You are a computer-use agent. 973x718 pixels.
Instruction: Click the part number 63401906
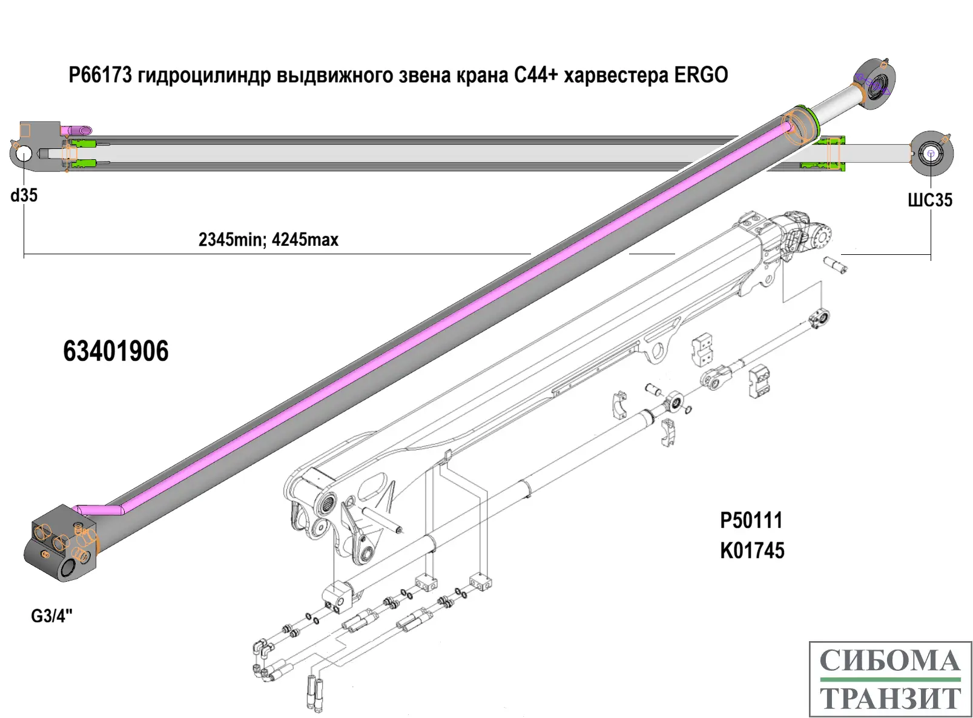pos(116,351)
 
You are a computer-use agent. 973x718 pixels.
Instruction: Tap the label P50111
pos(751,520)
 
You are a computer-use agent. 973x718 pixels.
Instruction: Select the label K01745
pos(752,551)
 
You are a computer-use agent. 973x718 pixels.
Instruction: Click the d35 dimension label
pos(24,196)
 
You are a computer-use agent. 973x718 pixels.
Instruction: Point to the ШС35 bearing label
pos(929,200)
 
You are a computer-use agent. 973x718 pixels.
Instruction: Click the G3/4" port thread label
pos(51,616)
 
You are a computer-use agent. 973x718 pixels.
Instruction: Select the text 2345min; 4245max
pos(268,240)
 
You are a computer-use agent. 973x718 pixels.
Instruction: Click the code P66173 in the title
pos(100,75)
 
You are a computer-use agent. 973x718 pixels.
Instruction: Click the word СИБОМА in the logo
pos(890,660)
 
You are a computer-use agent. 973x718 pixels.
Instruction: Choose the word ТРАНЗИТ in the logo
pos(890,698)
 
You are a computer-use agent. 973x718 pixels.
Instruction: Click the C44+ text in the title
pos(535,75)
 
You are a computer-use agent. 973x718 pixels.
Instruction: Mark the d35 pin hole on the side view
pos(24,153)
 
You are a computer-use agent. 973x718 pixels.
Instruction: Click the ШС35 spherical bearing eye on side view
pos(931,154)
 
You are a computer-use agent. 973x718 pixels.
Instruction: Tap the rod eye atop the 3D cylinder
pos(876,85)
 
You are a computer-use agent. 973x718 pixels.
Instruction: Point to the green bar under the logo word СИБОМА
pos(890,680)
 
